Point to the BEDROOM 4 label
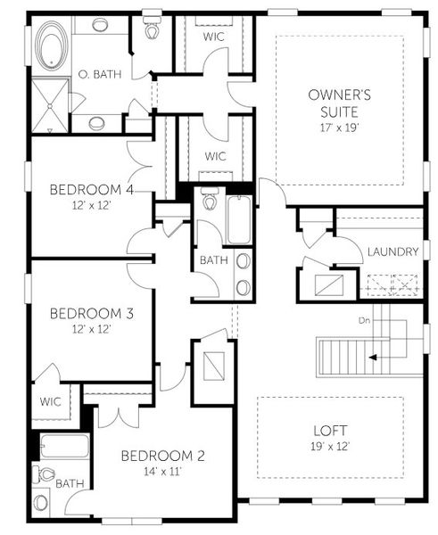[85, 189]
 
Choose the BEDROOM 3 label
[85, 313]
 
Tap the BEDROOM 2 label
[163, 456]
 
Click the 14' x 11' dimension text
[162, 472]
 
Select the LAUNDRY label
[393, 252]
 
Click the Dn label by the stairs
[364, 318]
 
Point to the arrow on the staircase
[375, 357]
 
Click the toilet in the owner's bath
[152, 29]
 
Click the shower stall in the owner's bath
[50, 104]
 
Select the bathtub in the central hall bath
[237, 219]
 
